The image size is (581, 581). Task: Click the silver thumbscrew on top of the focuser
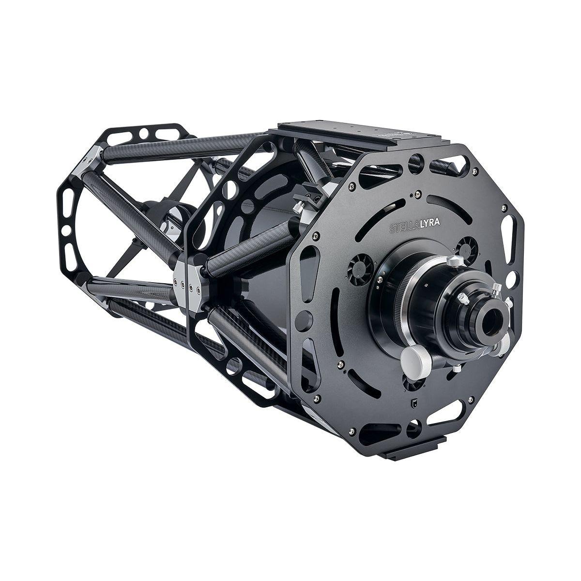tap(454, 261)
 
